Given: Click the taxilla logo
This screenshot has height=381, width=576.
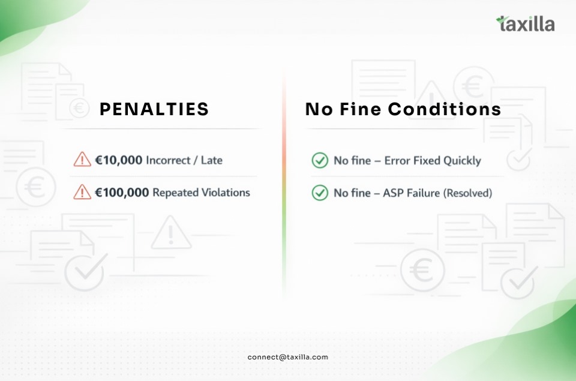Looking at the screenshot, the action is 526,24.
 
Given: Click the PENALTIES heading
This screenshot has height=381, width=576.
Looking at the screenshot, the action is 154,109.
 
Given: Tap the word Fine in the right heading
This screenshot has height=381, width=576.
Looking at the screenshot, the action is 361,109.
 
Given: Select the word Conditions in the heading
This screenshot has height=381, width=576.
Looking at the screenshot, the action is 445,109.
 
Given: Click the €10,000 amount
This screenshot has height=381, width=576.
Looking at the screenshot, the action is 119,160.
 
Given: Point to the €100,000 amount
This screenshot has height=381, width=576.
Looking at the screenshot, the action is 122,193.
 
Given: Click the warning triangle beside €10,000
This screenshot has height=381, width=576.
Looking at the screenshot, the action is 82,160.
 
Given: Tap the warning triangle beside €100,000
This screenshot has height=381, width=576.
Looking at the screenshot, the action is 82,192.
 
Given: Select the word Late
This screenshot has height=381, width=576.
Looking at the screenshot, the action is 212,160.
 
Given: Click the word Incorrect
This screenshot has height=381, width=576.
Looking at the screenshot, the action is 168,160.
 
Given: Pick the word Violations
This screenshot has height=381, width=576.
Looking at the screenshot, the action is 226,193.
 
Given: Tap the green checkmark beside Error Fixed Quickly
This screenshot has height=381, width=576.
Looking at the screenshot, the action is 320,160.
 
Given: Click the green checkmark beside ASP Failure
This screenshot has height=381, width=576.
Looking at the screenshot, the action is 320,193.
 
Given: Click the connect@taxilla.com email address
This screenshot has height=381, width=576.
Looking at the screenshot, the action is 288,357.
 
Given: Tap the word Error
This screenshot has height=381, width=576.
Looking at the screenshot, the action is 397,161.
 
